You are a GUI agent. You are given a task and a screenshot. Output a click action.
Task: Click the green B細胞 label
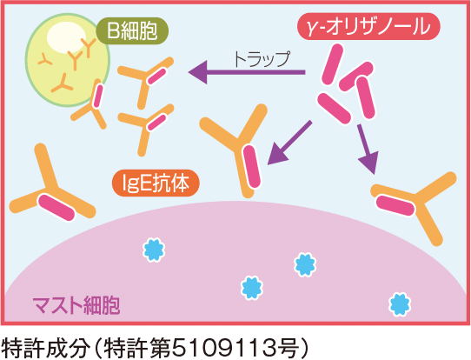[132, 30]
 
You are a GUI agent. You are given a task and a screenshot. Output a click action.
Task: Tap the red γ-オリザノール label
[368, 26]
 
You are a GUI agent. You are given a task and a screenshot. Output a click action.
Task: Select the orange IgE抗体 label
[156, 183]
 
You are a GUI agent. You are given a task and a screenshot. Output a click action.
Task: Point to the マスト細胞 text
[76, 305]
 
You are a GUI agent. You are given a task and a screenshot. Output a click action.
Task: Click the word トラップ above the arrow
[262, 59]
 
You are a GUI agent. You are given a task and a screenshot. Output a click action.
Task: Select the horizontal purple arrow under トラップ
[247, 72]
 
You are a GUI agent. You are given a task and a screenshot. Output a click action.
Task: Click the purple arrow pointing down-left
[289, 143]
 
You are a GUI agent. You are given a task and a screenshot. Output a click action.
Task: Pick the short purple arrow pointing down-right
[368, 149]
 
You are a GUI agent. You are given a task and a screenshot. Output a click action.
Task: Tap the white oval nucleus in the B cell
[66, 37]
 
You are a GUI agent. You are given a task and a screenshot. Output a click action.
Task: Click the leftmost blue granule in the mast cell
[154, 250]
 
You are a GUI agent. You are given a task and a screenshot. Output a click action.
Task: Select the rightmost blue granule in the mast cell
[400, 304]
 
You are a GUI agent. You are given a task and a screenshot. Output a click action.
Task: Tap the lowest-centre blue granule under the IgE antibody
[252, 288]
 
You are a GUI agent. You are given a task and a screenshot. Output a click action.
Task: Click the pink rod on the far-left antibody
[56, 207]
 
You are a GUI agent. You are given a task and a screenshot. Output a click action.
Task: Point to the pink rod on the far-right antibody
[395, 205]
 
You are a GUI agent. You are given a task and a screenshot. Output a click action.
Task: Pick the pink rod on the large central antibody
[252, 167]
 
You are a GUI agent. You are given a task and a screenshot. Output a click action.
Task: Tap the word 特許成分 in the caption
[46, 349]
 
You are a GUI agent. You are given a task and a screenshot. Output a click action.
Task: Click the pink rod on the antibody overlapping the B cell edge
[98, 96]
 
